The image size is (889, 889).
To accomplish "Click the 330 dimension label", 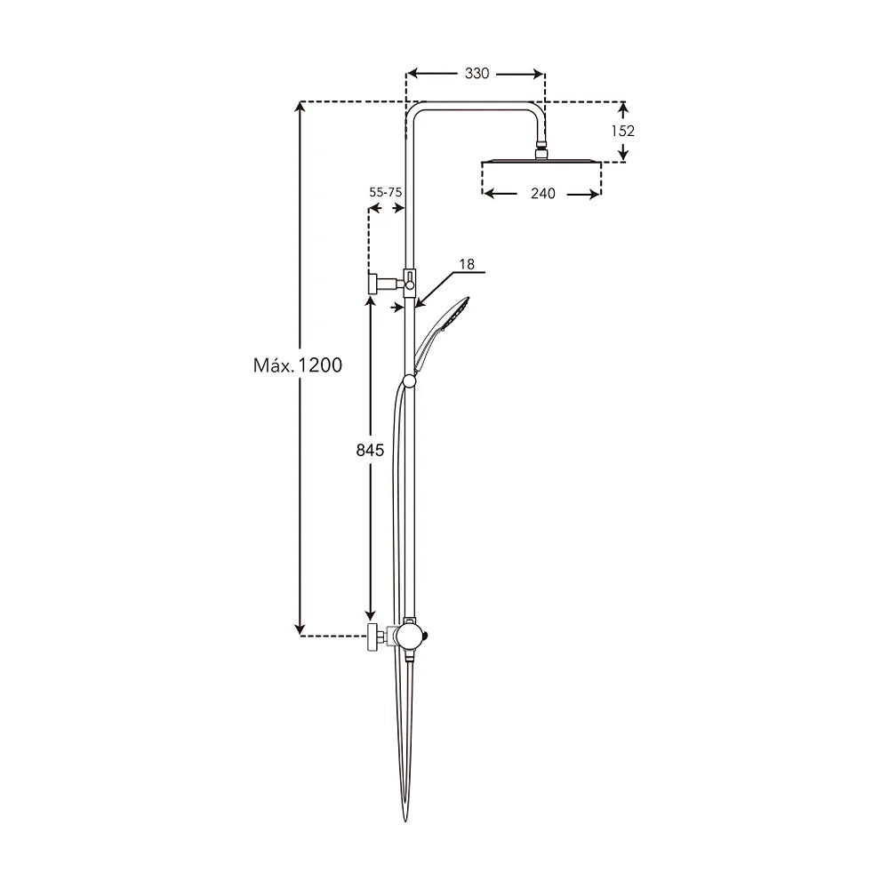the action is point(477,74).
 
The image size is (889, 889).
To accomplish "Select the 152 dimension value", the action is point(622,131).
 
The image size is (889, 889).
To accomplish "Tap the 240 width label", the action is point(542,194).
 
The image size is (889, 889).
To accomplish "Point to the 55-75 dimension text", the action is point(386,192).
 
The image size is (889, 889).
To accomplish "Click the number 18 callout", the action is point(467,264).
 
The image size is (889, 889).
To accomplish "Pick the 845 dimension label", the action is point(370,450).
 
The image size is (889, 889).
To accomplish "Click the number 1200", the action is point(320,365).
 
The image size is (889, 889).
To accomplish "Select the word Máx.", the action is point(274,365).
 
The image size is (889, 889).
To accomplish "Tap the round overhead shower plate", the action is point(541,161).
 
